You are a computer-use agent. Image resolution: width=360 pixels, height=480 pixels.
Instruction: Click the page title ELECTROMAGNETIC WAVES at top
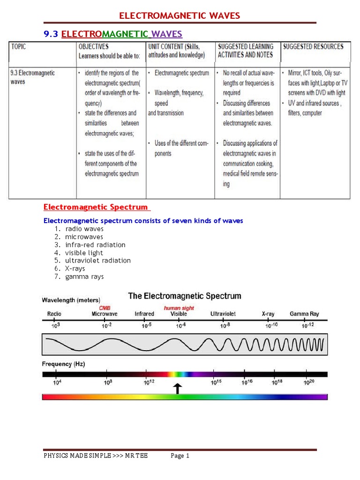coord(180,16)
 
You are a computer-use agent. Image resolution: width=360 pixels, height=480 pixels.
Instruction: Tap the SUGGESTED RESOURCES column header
coord(313,46)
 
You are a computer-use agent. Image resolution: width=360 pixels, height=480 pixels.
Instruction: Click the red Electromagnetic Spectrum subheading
coord(96,207)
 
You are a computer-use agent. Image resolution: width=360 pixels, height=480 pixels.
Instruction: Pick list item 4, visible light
coord(84,253)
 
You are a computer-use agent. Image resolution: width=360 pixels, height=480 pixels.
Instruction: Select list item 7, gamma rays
coord(84,277)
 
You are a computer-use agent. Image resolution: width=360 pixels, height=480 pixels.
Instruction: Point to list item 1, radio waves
coord(84,229)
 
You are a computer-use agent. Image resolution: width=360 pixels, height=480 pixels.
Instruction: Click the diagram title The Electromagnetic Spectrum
coord(185,296)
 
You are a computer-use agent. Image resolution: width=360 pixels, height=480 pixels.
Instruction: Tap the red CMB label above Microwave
coord(105,308)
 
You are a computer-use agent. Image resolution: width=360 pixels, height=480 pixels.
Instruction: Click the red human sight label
coord(178,308)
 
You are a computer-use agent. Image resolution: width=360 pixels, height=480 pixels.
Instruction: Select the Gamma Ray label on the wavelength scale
coord(304,314)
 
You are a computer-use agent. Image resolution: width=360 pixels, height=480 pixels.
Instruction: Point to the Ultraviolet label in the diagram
coord(223,314)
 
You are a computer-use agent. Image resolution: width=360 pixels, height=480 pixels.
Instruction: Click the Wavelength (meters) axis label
coord(71,300)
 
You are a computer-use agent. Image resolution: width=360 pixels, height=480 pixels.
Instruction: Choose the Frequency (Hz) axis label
coord(63,364)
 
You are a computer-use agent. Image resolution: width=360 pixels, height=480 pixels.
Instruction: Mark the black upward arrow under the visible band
coord(178,388)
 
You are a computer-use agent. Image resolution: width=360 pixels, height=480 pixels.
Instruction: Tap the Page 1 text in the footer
coord(180,456)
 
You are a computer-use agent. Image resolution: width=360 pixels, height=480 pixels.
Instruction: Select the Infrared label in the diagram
coord(144,314)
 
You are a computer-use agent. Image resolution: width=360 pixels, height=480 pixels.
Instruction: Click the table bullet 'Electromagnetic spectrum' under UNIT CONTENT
coord(181,73)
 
